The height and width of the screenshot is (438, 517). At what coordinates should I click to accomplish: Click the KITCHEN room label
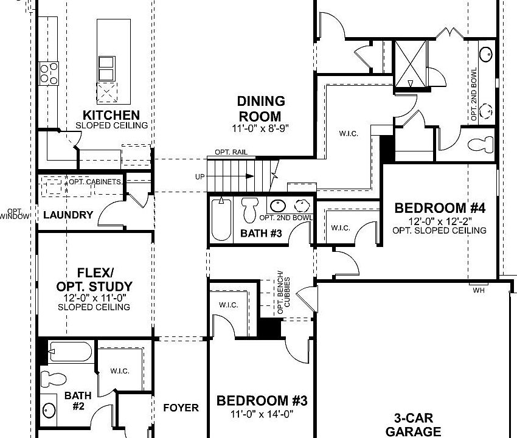coord(111,115)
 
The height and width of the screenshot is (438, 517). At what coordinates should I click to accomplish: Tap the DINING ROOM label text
coord(260,108)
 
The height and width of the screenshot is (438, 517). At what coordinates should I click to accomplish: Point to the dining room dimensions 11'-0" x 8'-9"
coord(261,128)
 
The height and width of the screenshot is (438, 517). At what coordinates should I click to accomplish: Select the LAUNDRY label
coord(68,215)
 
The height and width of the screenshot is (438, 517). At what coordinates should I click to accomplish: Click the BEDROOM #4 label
coord(440,208)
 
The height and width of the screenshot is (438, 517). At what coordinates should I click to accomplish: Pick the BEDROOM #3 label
coord(262,401)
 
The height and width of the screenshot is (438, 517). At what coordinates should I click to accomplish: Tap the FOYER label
coord(181,408)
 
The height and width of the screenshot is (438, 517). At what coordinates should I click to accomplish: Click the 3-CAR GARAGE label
coord(416,424)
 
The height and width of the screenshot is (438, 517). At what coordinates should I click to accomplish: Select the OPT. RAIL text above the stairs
coord(231,151)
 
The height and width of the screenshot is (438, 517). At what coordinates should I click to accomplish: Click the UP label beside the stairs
coord(200,176)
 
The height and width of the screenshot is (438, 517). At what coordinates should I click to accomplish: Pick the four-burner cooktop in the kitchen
coord(48,74)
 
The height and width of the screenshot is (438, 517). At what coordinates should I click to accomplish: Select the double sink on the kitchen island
coord(106,68)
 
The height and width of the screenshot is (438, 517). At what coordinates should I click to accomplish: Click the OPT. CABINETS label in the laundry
coord(94,182)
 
